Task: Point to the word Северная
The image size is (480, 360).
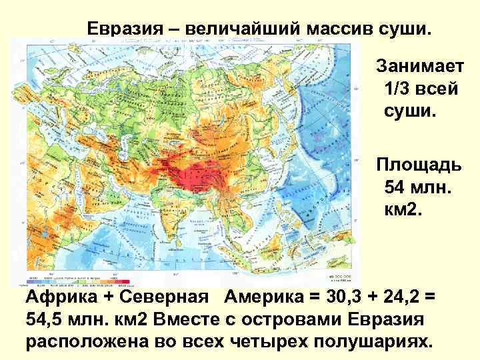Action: (x=167, y=297)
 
